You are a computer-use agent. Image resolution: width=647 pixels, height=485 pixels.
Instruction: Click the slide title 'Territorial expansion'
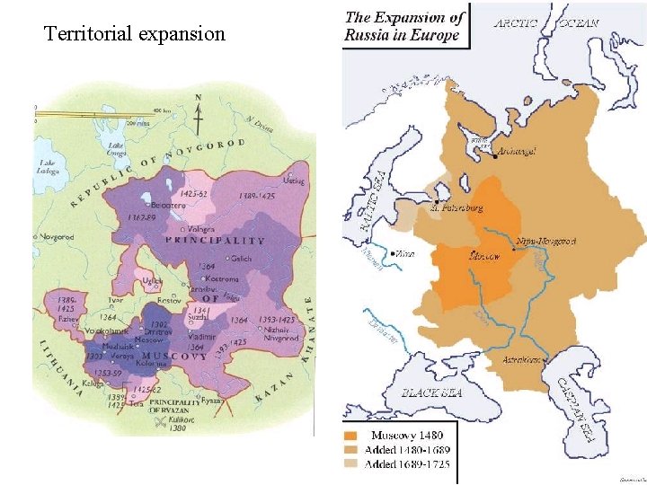click(x=135, y=34)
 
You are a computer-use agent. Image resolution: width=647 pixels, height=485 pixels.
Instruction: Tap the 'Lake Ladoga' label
click(x=48, y=166)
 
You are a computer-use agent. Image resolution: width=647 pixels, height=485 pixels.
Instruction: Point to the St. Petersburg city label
click(x=458, y=207)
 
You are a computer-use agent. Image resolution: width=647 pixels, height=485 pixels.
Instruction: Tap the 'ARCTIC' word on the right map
click(x=517, y=22)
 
